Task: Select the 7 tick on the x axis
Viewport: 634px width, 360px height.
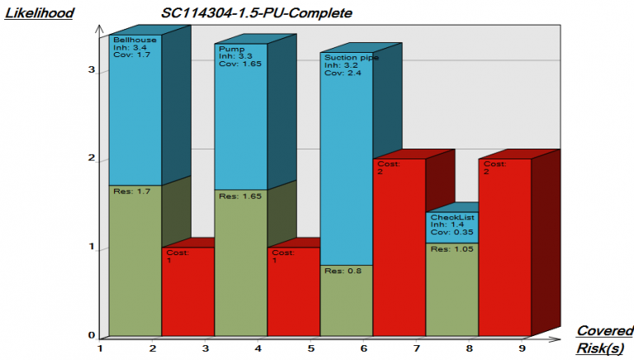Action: tap(417, 348)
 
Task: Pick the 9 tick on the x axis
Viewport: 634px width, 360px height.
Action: tap(523, 348)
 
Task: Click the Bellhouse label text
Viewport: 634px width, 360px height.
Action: tap(134, 40)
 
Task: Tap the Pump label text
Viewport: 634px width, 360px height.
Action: tap(231, 49)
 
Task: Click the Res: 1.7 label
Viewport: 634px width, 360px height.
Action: tap(130, 192)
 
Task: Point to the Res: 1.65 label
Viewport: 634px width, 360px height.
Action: tap(238, 197)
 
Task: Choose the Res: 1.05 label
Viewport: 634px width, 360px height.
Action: tap(449, 249)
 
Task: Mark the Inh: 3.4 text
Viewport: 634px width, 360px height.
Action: tap(126, 48)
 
